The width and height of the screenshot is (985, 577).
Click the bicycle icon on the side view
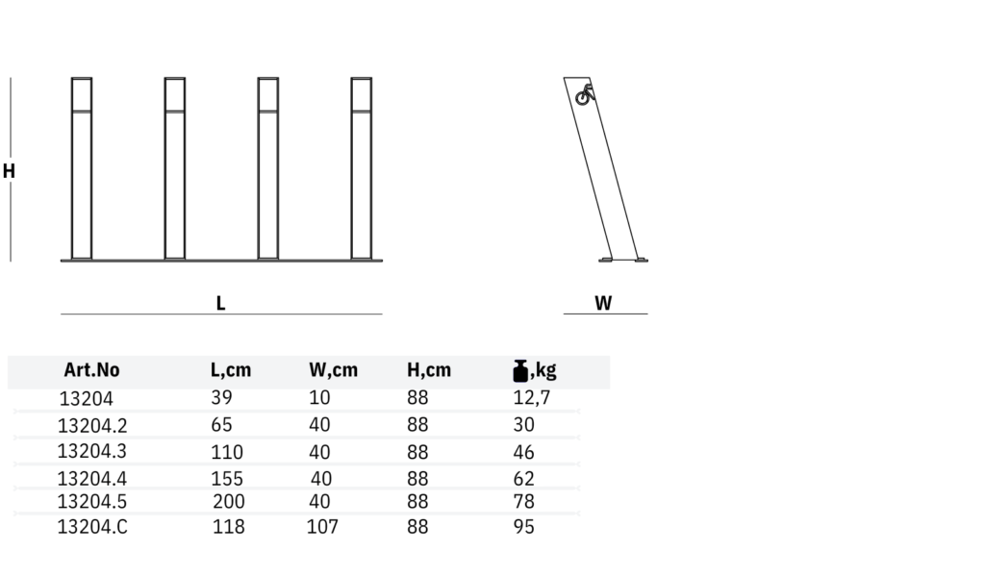[x=585, y=95]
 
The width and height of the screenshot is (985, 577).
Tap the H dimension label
[x=9, y=171]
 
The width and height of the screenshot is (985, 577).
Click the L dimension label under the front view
[x=220, y=303]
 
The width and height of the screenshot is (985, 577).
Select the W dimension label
[x=603, y=303]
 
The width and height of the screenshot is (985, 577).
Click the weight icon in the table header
[x=520, y=371]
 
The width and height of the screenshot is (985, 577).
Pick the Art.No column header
[x=91, y=370]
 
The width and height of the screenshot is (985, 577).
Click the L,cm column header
[x=231, y=370]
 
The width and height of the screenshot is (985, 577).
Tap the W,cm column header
[x=333, y=370]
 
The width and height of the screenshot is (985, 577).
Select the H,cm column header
[x=429, y=370]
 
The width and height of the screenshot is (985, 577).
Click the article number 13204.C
[x=92, y=527]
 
